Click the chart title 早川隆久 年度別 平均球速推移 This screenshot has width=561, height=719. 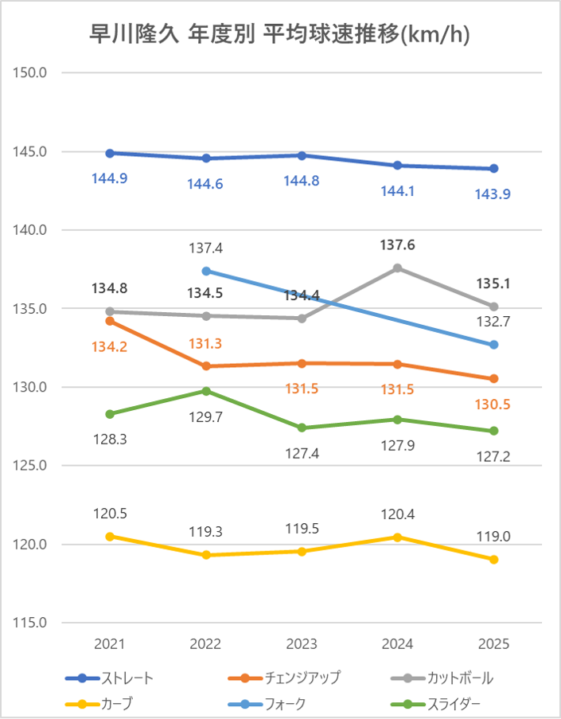[281, 34]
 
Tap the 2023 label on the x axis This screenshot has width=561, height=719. [302, 644]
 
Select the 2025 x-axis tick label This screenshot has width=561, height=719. [493, 644]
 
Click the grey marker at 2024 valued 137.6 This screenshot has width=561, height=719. [398, 268]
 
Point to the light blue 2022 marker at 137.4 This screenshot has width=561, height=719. [206, 271]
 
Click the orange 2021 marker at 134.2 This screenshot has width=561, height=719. [110, 321]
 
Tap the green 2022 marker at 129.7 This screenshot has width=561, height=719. [206, 391]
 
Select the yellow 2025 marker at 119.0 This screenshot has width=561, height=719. [493, 560]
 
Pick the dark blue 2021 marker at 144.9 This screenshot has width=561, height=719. [110, 153]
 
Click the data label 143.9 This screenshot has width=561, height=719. [493, 194]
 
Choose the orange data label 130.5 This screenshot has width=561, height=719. [493, 404]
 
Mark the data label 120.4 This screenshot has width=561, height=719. [398, 514]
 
